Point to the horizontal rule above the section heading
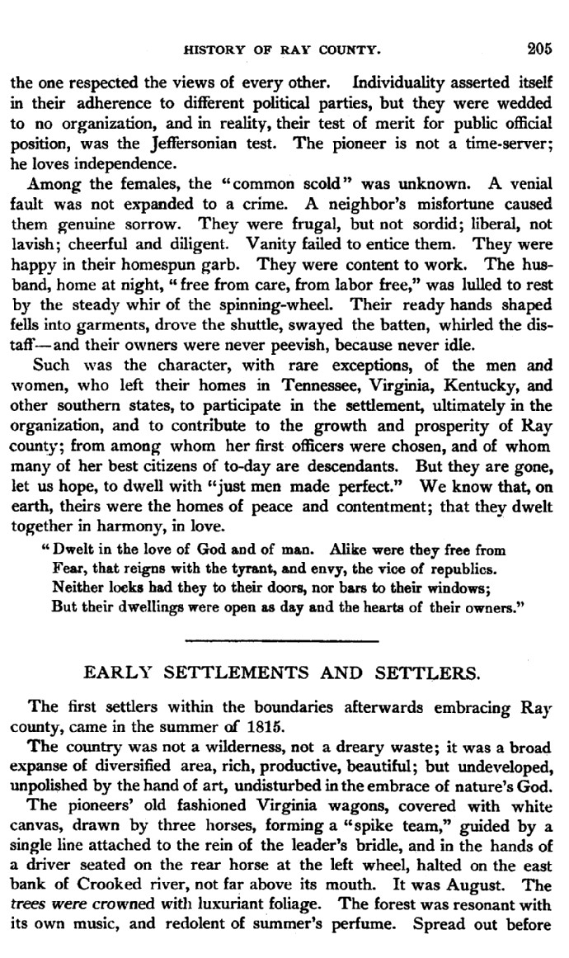pyautogui.click(x=282, y=639)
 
